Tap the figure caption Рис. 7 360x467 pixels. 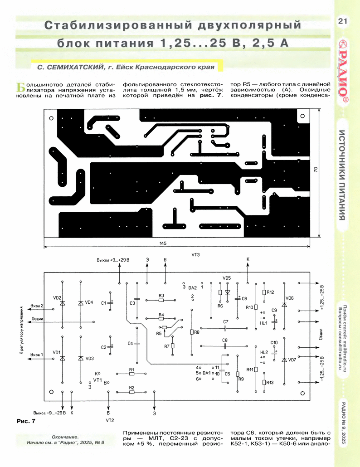pyautogui.click(x=26, y=422)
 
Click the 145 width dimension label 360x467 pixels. pyautogui.click(x=163, y=243)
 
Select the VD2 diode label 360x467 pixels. pyautogui.click(x=57, y=298)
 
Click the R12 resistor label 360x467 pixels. pyautogui.click(x=271, y=292)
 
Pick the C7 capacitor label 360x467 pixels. pyautogui.click(x=225, y=322)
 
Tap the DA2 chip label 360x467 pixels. pyautogui.click(x=192, y=287)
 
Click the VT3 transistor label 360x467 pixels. pyautogui.click(x=196, y=255)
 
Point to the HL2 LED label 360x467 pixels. pyautogui.click(x=264, y=352)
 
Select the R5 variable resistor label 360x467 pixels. pyautogui.click(x=159, y=333)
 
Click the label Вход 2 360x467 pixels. pyautogui.click(x=37, y=306)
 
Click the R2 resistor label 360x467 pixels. pyautogui.click(x=131, y=388)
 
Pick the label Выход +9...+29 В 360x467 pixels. pyautogui.click(x=112, y=260)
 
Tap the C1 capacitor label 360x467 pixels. pyautogui.click(x=103, y=302)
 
